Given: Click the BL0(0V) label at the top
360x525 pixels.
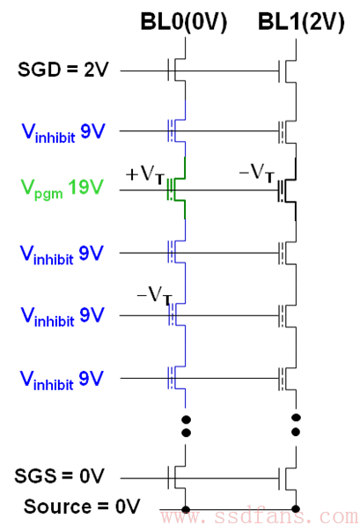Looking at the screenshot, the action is (x=184, y=22).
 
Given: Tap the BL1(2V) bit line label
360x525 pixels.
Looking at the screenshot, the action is (x=301, y=22).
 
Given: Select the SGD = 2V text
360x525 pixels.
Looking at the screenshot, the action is (x=63, y=70).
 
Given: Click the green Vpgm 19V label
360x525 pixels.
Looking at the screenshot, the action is (x=62, y=189).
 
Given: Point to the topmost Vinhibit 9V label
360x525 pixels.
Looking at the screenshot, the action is (x=63, y=133).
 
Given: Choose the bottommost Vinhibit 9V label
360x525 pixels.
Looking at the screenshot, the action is (x=62, y=380).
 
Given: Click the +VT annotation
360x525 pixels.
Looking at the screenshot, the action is (x=145, y=174).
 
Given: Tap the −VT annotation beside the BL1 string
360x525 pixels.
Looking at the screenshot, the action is (x=257, y=173).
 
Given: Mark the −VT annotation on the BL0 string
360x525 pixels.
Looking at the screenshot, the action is (x=155, y=296).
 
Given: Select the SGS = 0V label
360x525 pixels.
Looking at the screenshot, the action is (x=59, y=476).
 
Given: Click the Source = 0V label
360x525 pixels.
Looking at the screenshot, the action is (x=82, y=507).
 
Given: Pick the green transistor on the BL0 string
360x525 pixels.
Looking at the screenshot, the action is (x=176, y=189).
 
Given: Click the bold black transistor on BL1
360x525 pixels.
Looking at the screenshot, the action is (x=287, y=190).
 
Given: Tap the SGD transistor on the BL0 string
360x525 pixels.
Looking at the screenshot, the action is (x=176, y=70).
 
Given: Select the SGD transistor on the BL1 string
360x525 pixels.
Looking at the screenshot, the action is (x=288, y=70).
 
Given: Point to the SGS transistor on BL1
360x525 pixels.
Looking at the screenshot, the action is (x=288, y=477).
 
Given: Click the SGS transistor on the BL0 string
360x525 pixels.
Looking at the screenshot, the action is (x=176, y=477).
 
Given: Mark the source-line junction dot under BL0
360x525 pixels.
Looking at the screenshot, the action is (x=186, y=509).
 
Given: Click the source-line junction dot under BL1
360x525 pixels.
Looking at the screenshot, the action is (x=296, y=509).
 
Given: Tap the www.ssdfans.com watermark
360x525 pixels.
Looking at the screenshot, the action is (x=260, y=516).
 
